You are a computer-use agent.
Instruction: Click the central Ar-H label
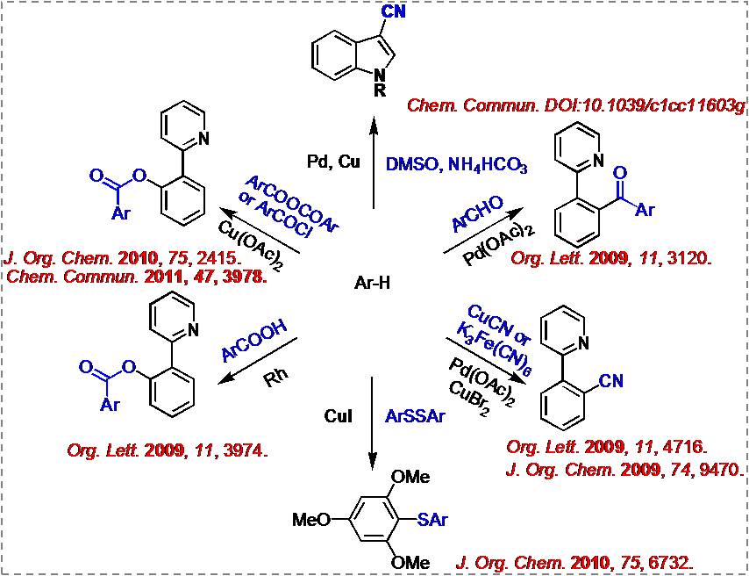374,284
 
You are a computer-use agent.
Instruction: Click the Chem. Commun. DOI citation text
576,106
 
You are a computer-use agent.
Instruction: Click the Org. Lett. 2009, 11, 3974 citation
167,450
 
